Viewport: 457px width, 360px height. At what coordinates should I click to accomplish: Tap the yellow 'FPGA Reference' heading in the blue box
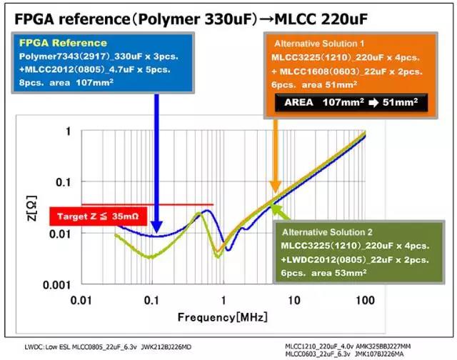[64, 44]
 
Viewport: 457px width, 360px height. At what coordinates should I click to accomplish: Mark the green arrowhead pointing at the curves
[278, 205]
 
